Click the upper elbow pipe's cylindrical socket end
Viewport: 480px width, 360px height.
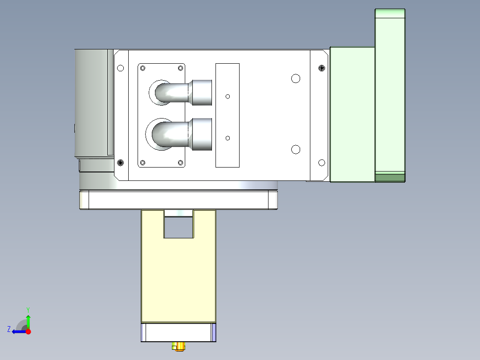(202, 93)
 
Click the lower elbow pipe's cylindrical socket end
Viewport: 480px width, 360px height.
(201, 134)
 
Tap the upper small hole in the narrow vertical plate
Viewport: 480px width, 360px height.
(228, 96)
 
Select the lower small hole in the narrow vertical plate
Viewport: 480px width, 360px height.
(228, 138)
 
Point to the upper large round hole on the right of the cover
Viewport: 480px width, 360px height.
(295, 79)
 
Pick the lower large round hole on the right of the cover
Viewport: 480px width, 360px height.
(295, 149)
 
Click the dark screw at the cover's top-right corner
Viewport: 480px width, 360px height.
(322, 68)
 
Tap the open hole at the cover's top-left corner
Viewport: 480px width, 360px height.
(120, 68)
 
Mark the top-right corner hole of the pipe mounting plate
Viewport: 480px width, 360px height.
(180, 68)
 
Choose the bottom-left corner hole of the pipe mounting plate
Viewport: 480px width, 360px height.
(142, 163)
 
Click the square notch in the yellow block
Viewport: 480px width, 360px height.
(179, 226)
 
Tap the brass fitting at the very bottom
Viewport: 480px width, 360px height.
(179, 346)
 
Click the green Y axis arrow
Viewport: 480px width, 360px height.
(28, 320)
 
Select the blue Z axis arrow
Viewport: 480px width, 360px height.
(18, 331)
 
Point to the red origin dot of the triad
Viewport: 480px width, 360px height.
(28, 331)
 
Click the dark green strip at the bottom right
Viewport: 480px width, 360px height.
(390, 178)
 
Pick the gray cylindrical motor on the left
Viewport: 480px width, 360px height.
(91, 102)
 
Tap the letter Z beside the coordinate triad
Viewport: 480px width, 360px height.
(9, 329)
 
